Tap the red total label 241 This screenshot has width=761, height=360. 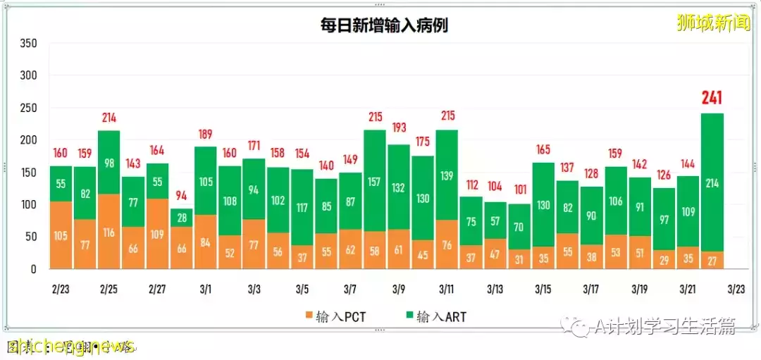pyautogui.click(x=712, y=98)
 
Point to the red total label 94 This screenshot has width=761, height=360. pyautogui.click(x=181, y=196)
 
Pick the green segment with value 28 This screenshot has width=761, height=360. pyautogui.click(x=181, y=217)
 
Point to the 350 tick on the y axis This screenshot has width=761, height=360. pyautogui.click(x=28, y=44)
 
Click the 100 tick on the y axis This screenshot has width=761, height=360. pyautogui.click(x=28, y=205)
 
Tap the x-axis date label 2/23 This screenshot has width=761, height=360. pyautogui.click(x=61, y=290)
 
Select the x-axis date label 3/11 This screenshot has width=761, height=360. pyautogui.click(x=447, y=290)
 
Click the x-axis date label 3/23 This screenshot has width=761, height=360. pyautogui.click(x=736, y=290)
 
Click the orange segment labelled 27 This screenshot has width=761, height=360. pyautogui.click(x=712, y=260)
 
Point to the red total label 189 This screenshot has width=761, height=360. pyautogui.click(x=205, y=135)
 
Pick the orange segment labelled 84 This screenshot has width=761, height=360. pyautogui.click(x=205, y=242)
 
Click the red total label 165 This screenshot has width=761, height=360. pyautogui.click(x=543, y=150)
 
